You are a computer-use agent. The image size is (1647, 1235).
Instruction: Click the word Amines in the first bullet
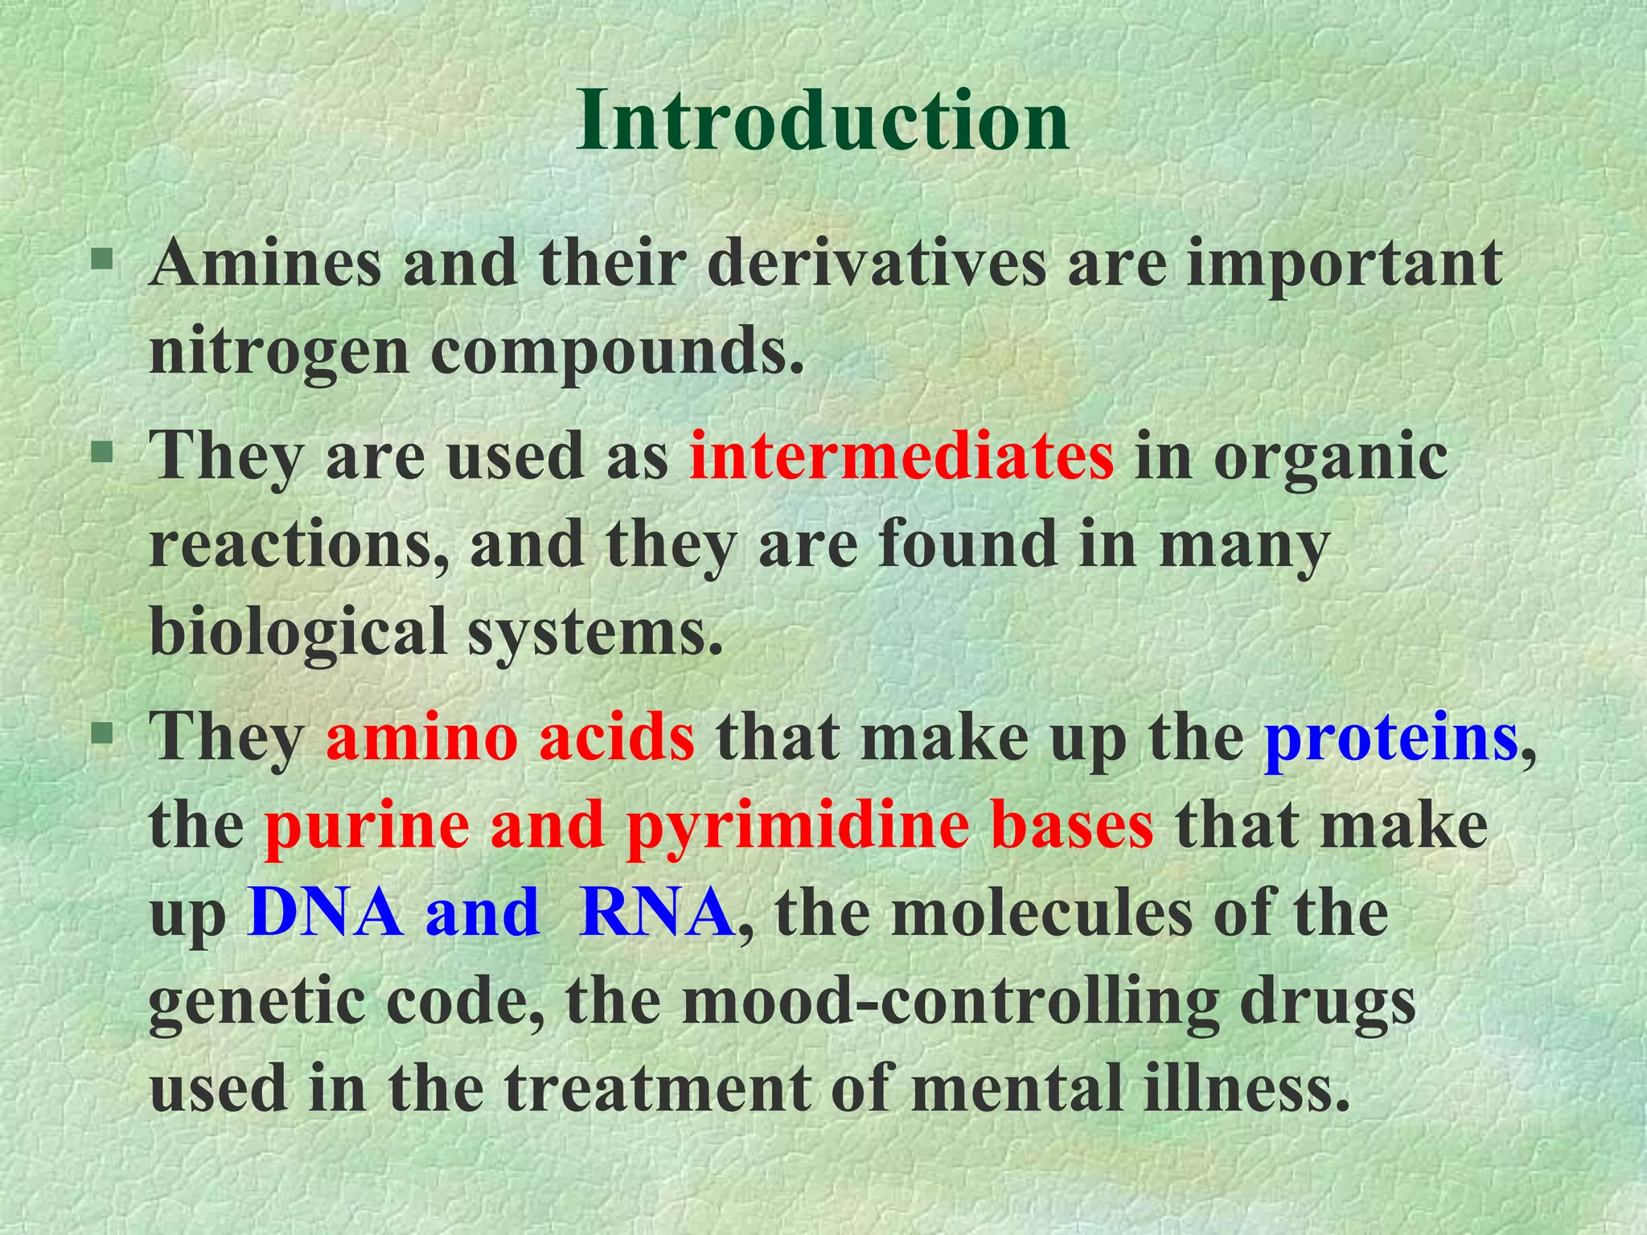click(265, 264)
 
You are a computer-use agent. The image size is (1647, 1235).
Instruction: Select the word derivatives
click(877, 264)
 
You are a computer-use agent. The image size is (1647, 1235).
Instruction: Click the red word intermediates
click(902, 457)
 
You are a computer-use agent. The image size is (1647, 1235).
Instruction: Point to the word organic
click(1331, 457)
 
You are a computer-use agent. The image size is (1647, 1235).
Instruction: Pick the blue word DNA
click(326, 913)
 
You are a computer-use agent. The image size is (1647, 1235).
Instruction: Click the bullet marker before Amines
click(101, 259)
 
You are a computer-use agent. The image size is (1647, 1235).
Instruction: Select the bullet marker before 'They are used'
click(101, 452)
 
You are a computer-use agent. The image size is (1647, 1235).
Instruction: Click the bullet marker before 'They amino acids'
click(101, 733)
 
